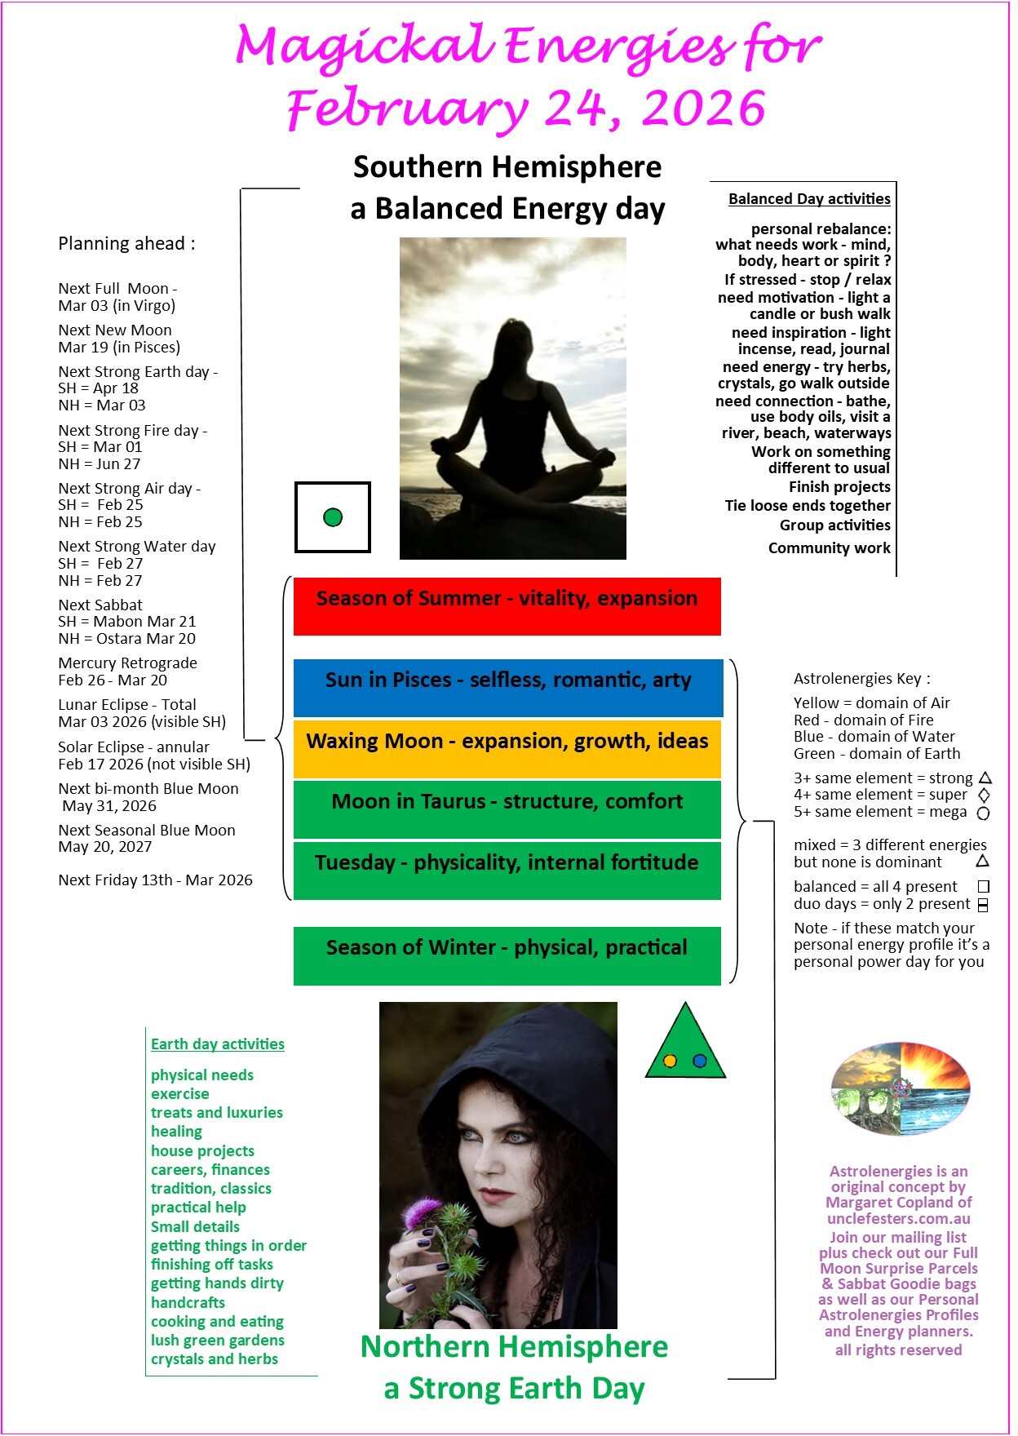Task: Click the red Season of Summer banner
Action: coord(507,605)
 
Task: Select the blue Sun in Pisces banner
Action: coord(507,687)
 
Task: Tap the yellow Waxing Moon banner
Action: coord(507,748)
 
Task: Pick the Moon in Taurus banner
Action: coord(507,809)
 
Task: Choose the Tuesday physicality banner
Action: coord(507,870)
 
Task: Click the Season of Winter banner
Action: coord(507,955)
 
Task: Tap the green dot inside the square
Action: coord(333,517)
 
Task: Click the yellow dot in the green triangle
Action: coord(670,1061)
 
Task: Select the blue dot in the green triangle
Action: coord(699,1061)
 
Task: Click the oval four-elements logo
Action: coord(901,1088)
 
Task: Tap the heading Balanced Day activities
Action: coord(809,199)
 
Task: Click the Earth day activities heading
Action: coord(218,1044)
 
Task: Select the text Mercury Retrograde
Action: coord(127,663)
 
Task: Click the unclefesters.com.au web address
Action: coord(899,1218)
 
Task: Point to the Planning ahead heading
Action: coord(126,244)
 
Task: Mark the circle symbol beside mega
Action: coord(984,813)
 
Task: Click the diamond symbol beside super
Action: coord(984,795)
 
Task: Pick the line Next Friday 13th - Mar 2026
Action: coord(155,880)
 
